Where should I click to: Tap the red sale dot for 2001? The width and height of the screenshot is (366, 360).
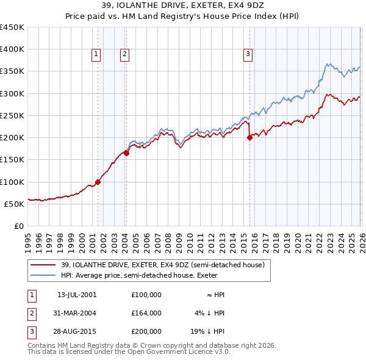click(x=98, y=182)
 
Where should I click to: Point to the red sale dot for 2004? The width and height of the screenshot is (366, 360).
click(x=126, y=154)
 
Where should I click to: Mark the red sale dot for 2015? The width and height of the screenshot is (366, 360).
click(x=249, y=138)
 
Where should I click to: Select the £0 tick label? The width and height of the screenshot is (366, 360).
click(x=19, y=226)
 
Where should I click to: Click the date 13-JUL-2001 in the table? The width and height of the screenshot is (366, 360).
click(x=77, y=295)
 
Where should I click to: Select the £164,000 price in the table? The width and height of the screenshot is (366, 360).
click(x=146, y=312)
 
